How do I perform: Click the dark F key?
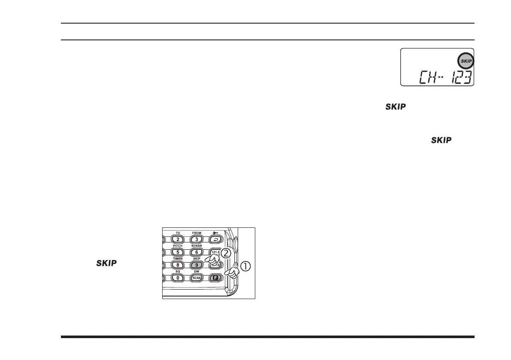pos(216,278)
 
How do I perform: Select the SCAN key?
pos(197,278)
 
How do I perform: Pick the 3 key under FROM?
pos(197,239)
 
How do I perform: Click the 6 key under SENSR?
pos(197,252)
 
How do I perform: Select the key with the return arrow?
pos(216,239)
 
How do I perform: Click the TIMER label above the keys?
pos(178,259)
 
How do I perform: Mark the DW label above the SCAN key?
pos(197,272)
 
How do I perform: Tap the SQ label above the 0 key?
pos(178,272)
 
